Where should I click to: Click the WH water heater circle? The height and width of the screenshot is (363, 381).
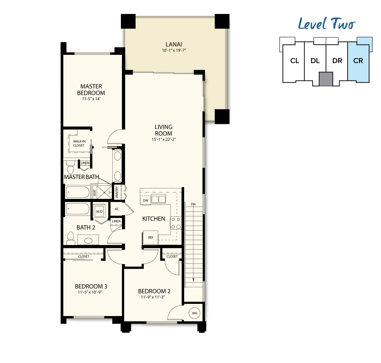click(194, 313)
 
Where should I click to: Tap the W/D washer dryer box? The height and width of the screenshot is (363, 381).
click(99, 211)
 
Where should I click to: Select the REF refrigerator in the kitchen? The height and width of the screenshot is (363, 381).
click(150, 238)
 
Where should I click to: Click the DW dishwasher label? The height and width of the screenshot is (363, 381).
click(145, 201)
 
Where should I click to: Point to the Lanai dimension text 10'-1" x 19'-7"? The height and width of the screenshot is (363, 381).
click(174, 50)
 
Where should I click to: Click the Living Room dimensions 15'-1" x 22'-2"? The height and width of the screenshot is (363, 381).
click(164, 139)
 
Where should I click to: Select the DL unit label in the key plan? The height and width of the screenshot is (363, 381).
click(315, 61)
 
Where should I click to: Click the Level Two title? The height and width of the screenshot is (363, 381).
click(327, 24)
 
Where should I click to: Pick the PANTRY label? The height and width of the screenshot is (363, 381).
click(117, 192)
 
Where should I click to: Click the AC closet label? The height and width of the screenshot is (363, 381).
click(117, 209)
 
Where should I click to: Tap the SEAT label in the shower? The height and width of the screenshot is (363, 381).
click(94, 193)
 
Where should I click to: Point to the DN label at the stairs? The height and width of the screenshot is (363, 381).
click(193, 204)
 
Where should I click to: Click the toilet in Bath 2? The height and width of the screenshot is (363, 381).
click(71, 238)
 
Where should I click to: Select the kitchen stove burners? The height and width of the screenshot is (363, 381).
click(176, 223)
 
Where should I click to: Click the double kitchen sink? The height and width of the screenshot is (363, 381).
click(158, 199)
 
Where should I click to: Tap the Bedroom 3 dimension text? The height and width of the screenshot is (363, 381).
click(90, 292)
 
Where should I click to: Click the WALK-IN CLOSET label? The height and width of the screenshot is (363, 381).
click(79, 143)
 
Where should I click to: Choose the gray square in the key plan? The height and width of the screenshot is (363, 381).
click(326, 79)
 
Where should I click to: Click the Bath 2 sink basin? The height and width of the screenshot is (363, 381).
click(88, 241)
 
